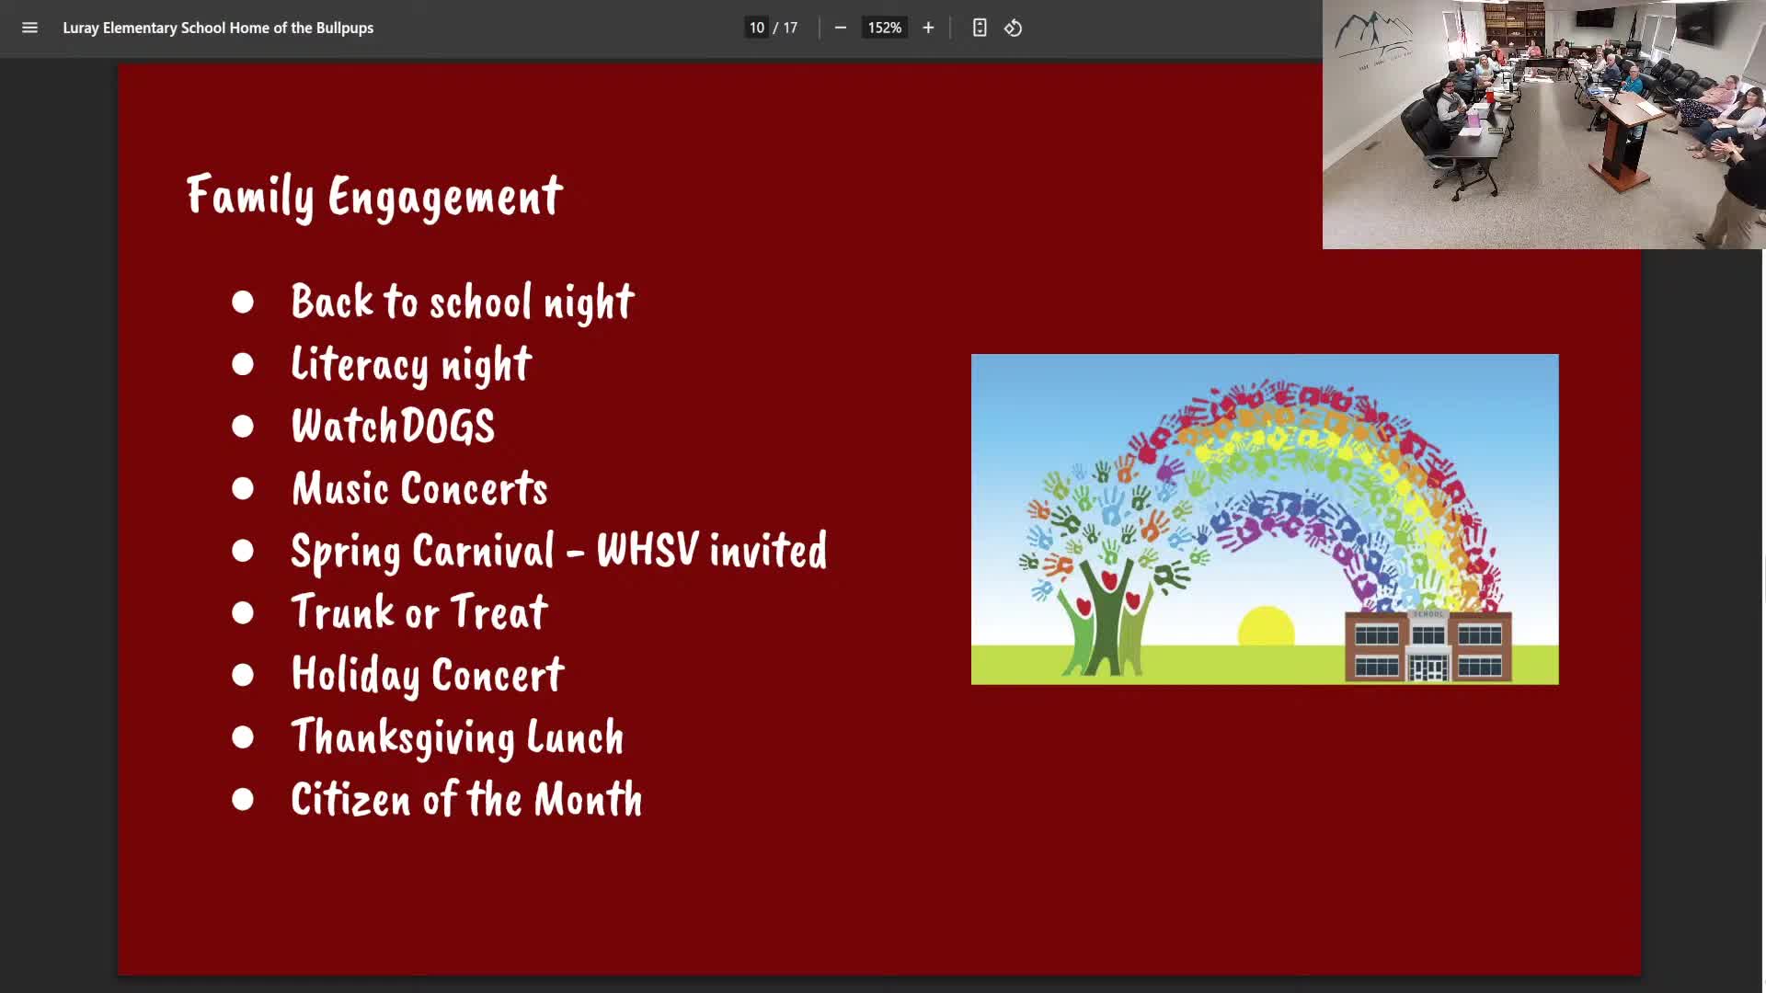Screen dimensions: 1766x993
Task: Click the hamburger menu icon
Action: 29,28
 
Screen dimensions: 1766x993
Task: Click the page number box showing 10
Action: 756,28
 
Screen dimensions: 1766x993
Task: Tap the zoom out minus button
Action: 840,28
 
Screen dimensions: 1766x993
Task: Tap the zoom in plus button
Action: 928,28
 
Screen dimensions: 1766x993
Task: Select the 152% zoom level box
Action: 884,28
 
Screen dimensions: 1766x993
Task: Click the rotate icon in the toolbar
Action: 1013,28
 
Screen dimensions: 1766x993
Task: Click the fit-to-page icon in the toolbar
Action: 980,28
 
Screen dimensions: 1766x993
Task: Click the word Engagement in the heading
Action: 445,197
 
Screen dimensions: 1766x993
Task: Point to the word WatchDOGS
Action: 393,427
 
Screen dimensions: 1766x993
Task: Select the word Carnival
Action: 483,551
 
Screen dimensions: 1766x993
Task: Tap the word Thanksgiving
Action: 403,738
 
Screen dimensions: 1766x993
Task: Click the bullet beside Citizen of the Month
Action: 243,799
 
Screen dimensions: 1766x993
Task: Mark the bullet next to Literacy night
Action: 243,364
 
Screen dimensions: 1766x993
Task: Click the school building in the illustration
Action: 1428,646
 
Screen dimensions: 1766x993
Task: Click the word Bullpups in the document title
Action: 345,28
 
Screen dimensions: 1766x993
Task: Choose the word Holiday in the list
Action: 356,676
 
